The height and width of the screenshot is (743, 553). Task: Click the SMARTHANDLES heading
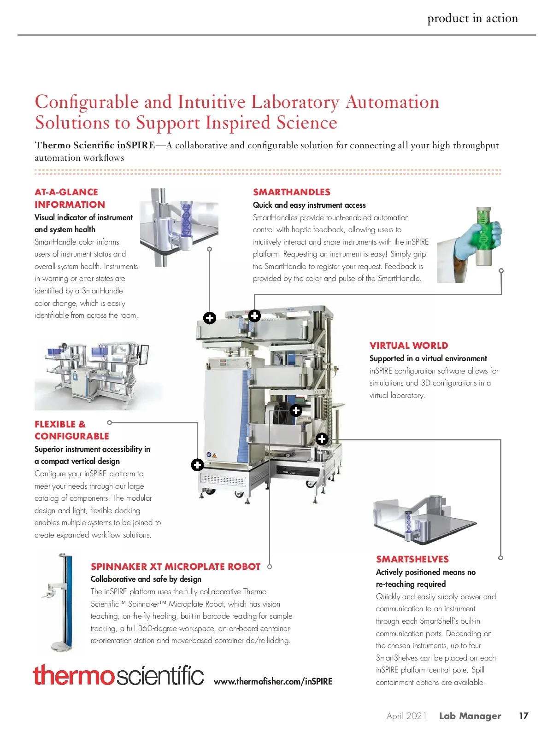(291, 192)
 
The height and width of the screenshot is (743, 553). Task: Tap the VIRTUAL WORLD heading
(408, 345)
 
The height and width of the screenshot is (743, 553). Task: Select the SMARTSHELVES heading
(412, 559)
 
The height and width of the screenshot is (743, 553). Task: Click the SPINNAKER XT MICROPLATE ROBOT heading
(176, 567)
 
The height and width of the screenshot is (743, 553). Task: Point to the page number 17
(524, 716)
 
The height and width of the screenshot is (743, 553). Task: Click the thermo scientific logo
(118, 675)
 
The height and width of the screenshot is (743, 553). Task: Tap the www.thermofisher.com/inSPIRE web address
(273, 681)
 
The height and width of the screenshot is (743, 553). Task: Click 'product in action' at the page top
(472, 18)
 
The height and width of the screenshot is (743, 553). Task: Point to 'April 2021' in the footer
(406, 716)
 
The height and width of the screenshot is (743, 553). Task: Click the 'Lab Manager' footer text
(470, 716)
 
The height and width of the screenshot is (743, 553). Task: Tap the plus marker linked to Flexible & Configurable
(197, 465)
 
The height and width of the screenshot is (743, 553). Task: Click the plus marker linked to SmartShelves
(322, 439)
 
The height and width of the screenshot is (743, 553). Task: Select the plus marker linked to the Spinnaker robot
(296, 410)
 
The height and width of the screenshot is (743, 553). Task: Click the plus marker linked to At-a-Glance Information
(210, 318)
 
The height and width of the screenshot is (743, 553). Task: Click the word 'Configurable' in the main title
(87, 102)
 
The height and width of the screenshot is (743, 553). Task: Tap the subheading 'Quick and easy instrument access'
(309, 205)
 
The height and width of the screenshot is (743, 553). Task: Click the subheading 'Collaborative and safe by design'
(146, 579)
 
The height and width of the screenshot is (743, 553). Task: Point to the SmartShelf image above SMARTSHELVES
(424, 518)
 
